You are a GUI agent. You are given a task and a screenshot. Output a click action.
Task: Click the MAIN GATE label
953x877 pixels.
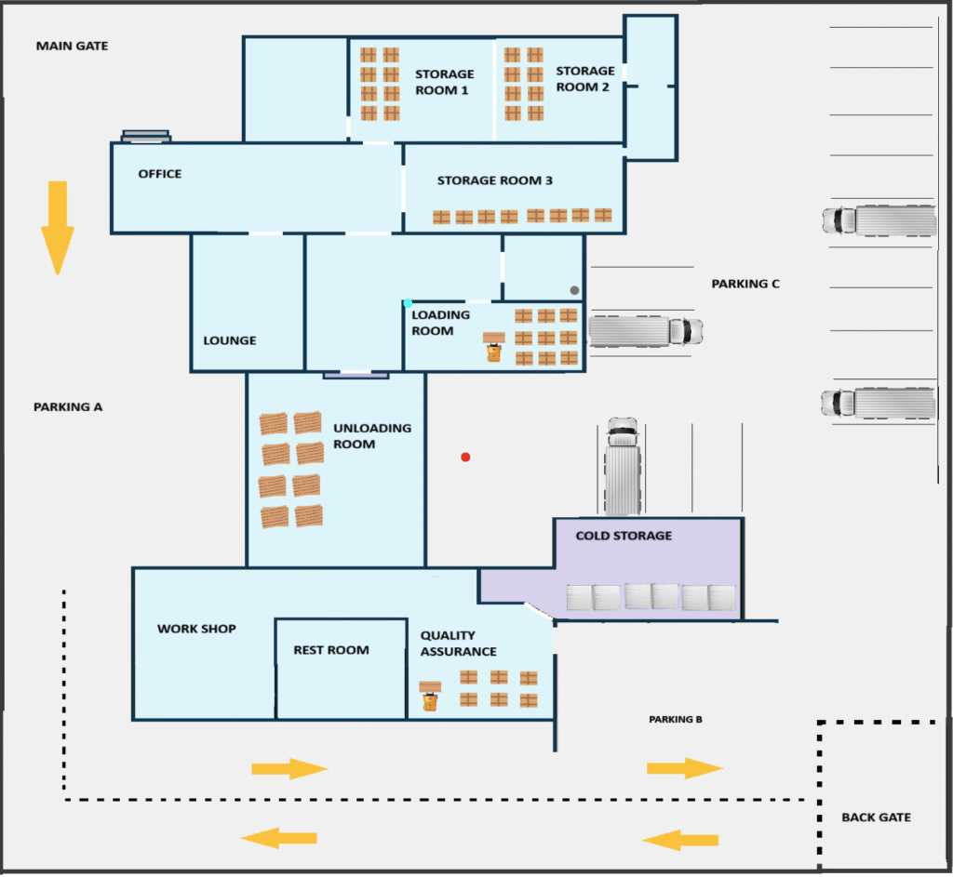(72, 46)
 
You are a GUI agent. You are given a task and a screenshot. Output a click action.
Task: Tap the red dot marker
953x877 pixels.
(465, 457)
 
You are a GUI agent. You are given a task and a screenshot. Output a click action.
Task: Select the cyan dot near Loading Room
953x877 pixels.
(408, 303)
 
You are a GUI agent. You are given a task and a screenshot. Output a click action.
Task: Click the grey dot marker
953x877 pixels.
(574, 290)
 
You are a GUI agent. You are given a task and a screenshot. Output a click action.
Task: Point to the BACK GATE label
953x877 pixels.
(876, 817)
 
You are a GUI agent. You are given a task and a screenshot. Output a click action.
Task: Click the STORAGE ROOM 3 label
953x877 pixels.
(494, 180)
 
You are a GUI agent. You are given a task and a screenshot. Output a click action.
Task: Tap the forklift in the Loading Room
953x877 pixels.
(493, 348)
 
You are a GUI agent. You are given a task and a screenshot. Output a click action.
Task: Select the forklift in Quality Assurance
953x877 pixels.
(429, 697)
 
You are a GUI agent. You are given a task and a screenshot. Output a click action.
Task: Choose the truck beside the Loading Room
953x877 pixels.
(645, 331)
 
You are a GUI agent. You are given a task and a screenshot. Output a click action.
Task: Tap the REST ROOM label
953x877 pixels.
(331, 650)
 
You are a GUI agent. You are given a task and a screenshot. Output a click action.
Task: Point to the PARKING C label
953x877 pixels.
(745, 284)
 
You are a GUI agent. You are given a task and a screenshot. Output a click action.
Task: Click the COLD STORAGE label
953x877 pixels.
(624, 536)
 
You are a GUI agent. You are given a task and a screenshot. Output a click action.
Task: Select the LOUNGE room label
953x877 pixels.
(230, 340)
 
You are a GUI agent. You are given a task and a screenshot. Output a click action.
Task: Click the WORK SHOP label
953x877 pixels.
(196, 629)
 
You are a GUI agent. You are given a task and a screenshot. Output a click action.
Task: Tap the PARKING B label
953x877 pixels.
(675, 720)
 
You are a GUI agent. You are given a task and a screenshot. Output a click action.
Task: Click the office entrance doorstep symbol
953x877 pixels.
(146, 136)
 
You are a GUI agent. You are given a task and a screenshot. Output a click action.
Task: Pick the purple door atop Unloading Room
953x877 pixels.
(356, 375)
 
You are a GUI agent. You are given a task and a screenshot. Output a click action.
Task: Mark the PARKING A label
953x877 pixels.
(68, 406)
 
